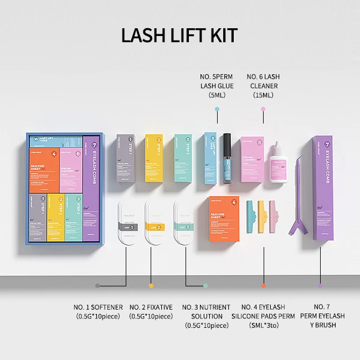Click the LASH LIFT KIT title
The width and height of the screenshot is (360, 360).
179,34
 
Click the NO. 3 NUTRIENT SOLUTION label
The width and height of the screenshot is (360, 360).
206,316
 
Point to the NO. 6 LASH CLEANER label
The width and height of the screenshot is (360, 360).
263,86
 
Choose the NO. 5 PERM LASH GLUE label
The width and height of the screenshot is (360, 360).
217,86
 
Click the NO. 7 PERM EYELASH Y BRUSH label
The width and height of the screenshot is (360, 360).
321,316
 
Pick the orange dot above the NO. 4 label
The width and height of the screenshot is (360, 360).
263,286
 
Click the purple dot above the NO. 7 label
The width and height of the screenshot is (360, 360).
320,286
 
